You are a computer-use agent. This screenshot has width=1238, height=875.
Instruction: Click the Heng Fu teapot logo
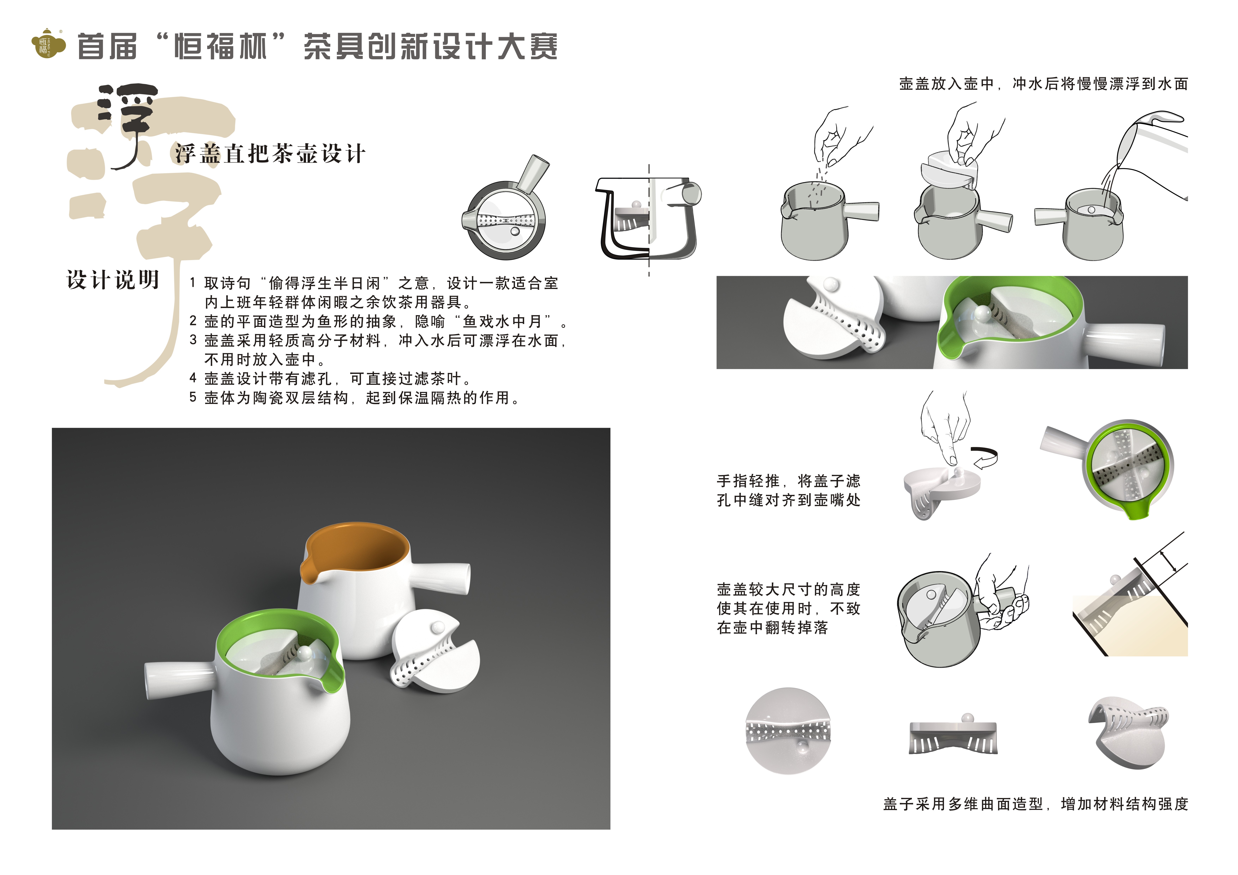49,43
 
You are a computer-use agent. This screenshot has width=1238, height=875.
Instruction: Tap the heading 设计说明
113,280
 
